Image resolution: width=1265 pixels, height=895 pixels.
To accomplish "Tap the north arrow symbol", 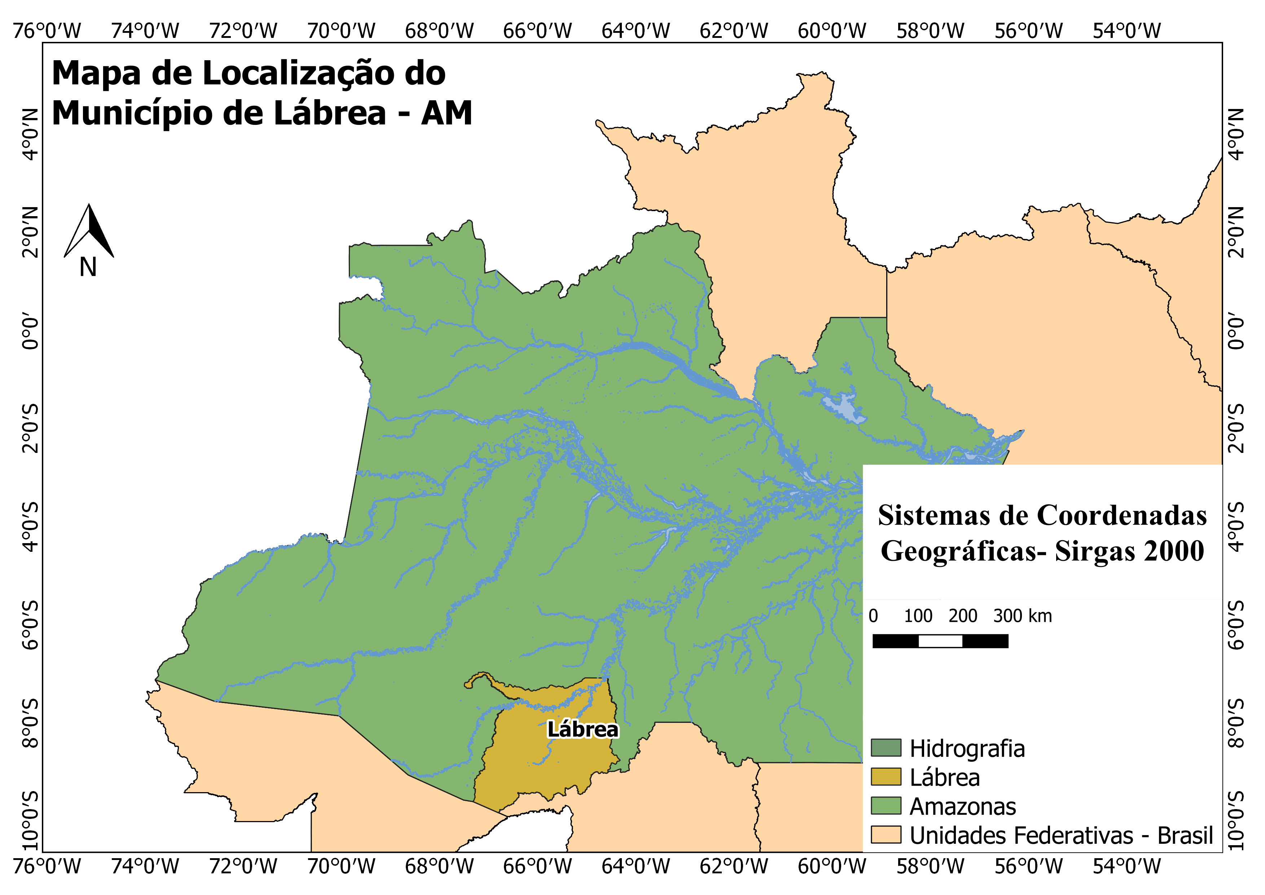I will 89,231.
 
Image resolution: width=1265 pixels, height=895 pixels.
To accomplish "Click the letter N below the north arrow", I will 88,267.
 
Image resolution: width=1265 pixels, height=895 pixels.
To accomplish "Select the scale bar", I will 940,641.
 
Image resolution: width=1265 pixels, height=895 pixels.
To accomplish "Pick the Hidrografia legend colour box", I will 886,748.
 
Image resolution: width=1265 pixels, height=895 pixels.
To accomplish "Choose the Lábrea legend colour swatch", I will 886,777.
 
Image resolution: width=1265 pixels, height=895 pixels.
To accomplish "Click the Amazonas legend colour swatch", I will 886,806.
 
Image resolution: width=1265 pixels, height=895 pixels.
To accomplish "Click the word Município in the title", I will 157,114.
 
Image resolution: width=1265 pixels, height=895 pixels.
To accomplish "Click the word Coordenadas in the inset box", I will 1122,515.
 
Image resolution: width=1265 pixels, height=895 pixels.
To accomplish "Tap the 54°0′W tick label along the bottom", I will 1127,867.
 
